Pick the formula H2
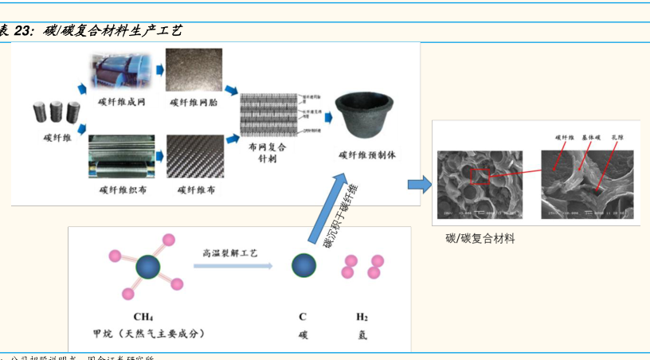362,316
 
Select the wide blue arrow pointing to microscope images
418,185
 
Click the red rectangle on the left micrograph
480,176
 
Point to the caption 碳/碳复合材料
480,238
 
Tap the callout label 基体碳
590,138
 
